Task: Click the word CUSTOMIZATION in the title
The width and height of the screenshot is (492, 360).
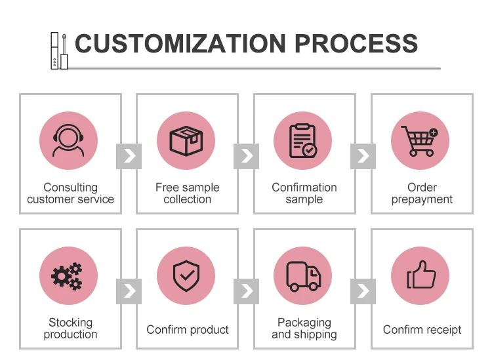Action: tap(180, 43)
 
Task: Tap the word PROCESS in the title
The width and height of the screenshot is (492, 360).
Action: tap(356, 43)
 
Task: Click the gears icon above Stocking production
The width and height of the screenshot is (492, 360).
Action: tap(68, 276)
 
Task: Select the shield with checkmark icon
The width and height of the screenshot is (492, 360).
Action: tap(186, 276)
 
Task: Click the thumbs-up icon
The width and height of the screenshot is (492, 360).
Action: tap(420, 276)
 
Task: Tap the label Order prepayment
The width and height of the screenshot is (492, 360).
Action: tap(422, 193)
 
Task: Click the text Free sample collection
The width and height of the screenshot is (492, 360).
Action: tap(187, 193)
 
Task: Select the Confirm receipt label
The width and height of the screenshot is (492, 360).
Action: tap(422, 330)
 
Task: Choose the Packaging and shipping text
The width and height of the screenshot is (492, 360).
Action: tap(304, 329)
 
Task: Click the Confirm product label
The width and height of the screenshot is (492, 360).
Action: tap(188, 330)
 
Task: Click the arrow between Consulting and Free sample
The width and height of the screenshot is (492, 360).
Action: tap(129, 156)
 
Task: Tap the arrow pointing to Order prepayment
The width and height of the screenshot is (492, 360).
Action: tap(363, 156)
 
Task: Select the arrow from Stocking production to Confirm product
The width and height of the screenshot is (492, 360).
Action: tap(129, 290)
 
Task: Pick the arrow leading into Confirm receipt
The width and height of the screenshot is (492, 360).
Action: tap(363, 290)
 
